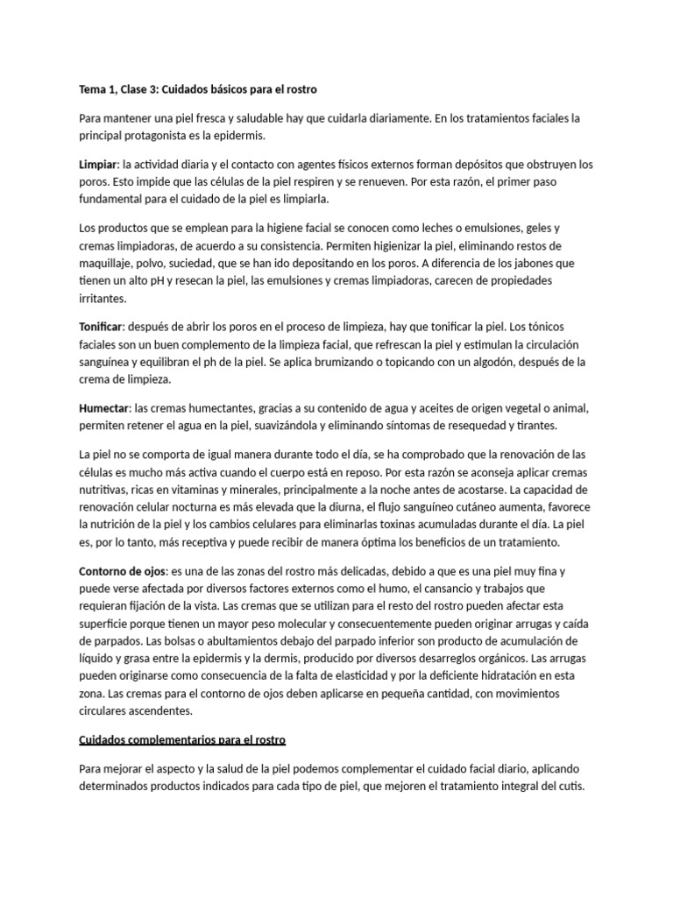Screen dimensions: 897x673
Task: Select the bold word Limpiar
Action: (99, 164)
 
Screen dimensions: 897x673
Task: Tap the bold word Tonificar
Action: (101, 326)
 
